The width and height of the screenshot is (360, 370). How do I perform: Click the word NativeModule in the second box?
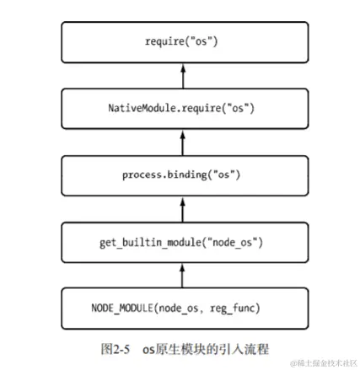click(x=138, y=109)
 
